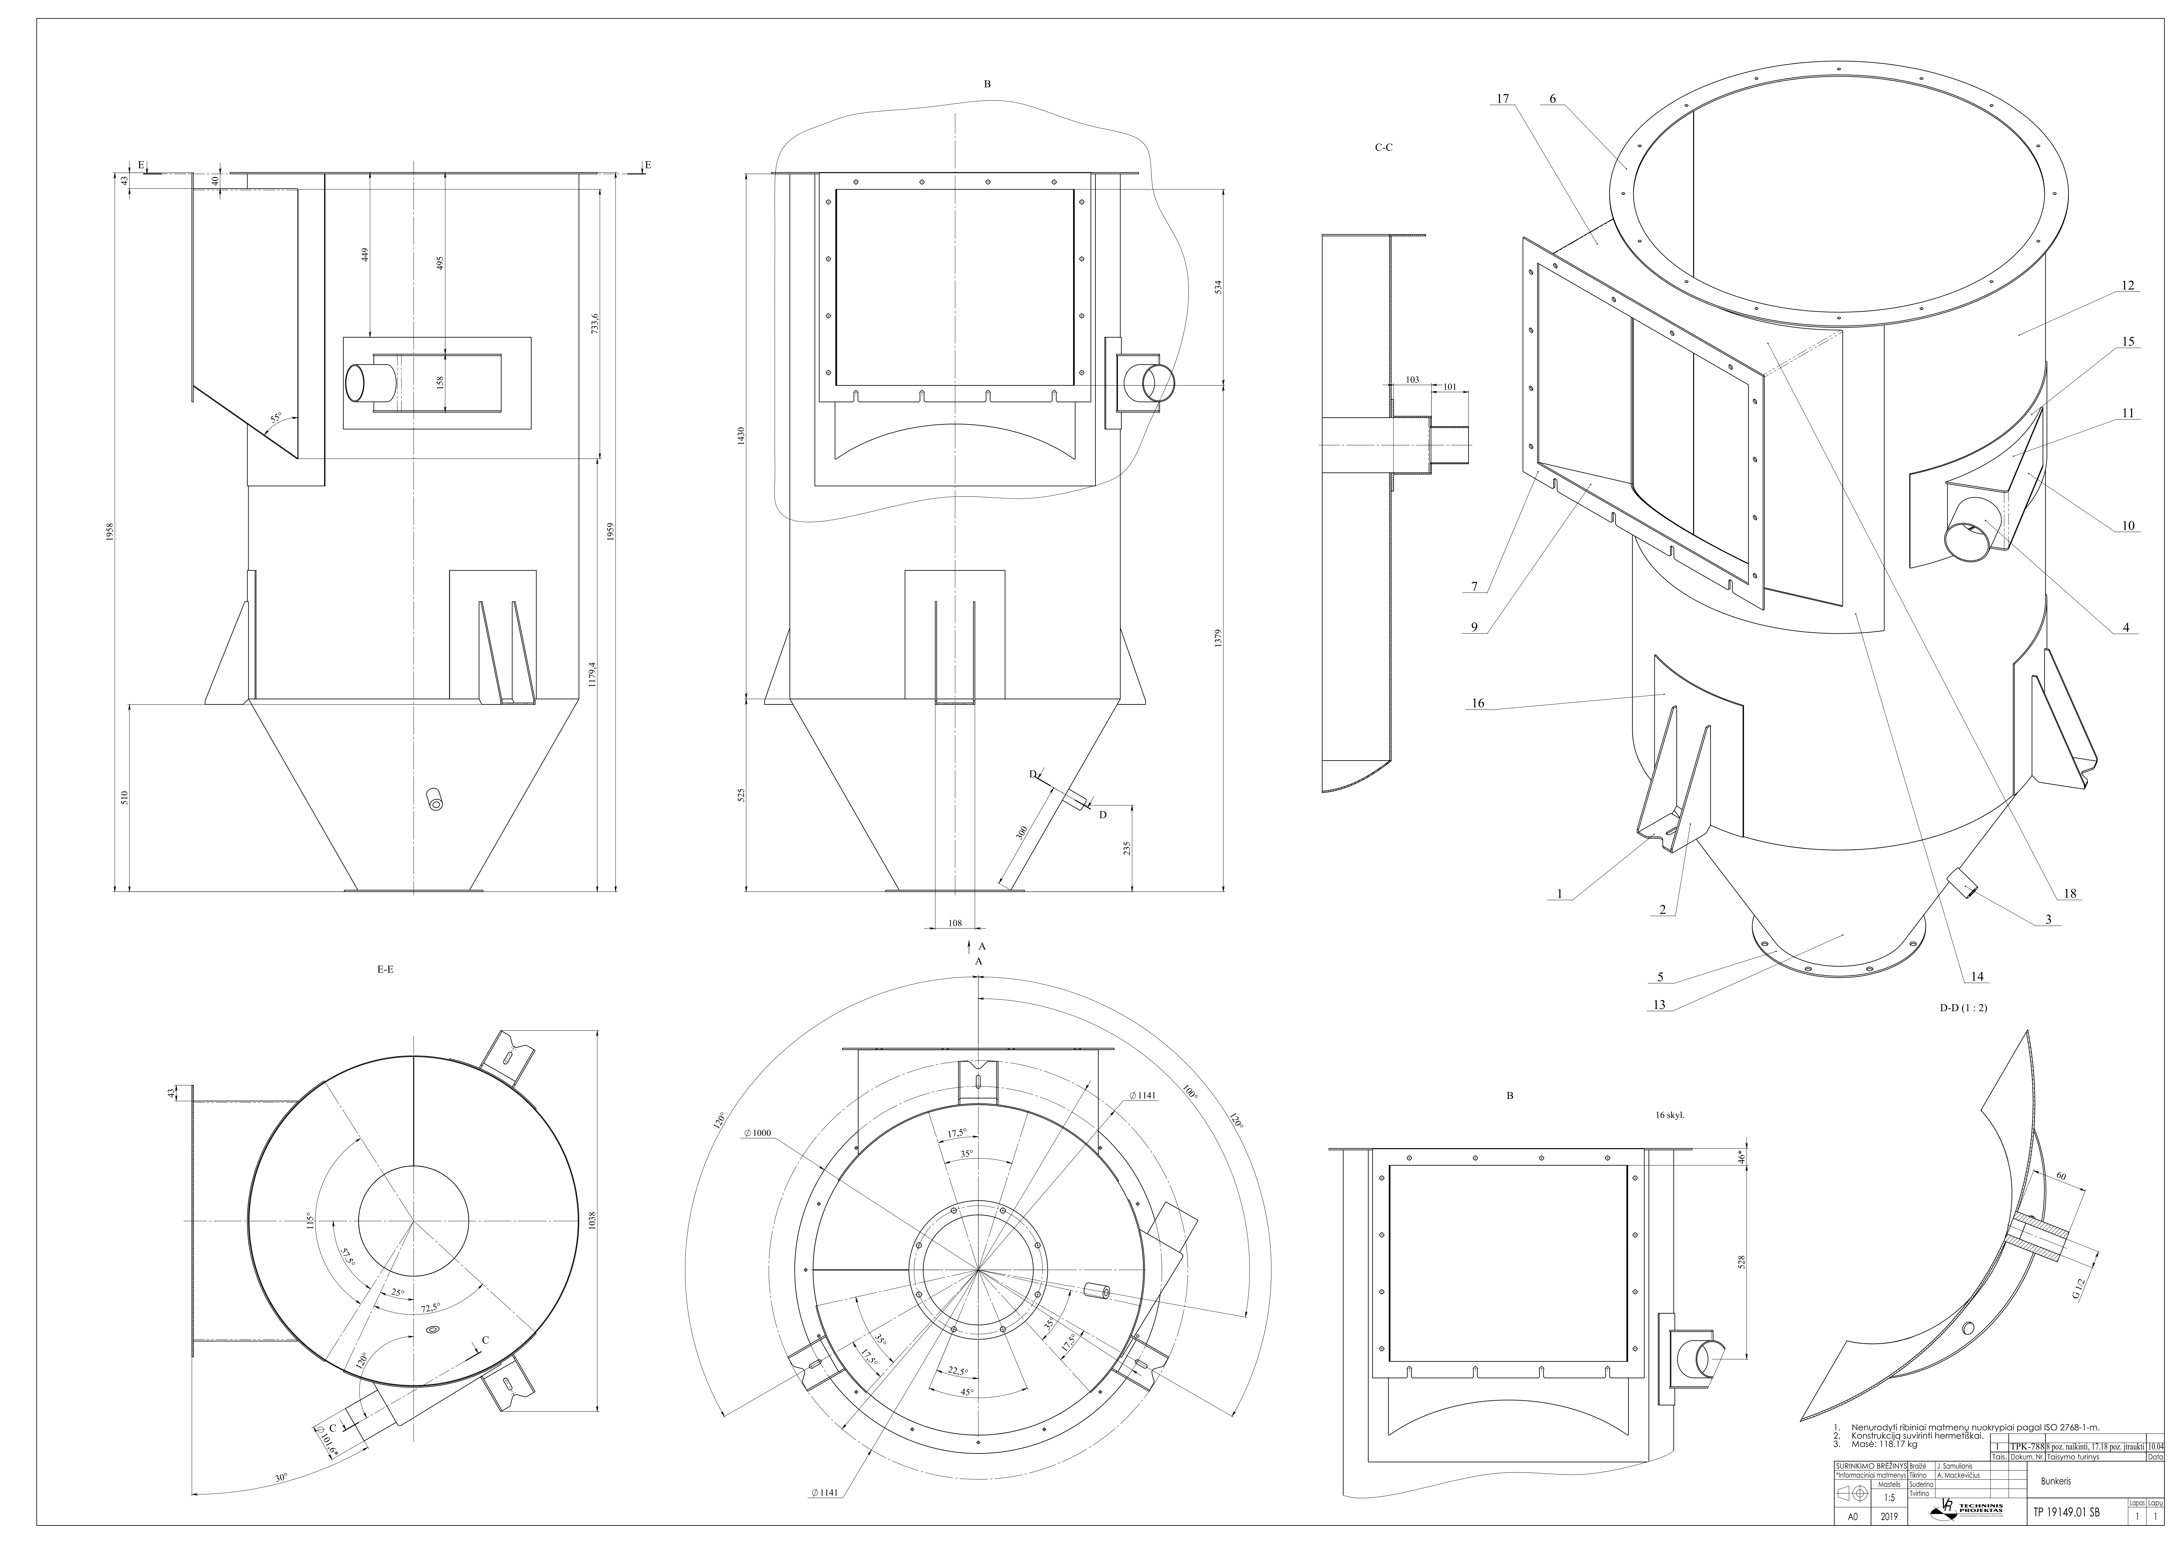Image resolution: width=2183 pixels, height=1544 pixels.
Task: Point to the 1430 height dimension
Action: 741,436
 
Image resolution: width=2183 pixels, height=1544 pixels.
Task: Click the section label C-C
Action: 1383,147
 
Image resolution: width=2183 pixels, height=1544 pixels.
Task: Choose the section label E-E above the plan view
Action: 385,970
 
